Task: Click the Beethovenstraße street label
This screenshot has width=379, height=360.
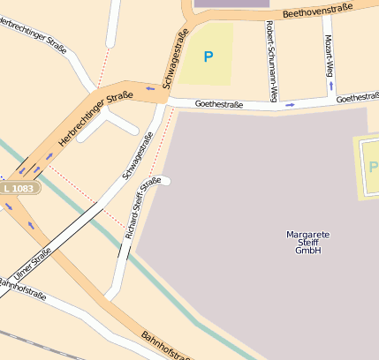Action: coord(318,11)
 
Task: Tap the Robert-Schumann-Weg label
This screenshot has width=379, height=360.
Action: coord(270,49)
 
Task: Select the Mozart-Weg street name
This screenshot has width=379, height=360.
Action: coord(330,54)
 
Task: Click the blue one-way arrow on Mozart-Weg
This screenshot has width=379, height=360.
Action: coord(331,86)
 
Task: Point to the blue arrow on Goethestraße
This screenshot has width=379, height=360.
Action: coord(290,104)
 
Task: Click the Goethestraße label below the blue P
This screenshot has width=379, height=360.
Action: coord(218,103)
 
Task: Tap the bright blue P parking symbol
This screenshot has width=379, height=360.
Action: coord(208,56)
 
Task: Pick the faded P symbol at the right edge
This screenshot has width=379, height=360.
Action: coord(373,167)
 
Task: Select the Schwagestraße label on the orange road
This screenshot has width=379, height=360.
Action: coord(174,57)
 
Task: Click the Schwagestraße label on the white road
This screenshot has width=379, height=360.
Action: coord(138,156)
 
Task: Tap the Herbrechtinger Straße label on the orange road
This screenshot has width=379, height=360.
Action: coord(95,118)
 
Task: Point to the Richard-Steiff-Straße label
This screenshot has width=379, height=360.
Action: coord(142,208)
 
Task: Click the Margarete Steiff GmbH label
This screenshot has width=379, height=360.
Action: coord(308,242)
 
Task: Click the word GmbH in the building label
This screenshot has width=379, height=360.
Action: coord(308,251)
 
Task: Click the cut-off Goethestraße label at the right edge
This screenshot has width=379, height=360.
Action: coord(358,97)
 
